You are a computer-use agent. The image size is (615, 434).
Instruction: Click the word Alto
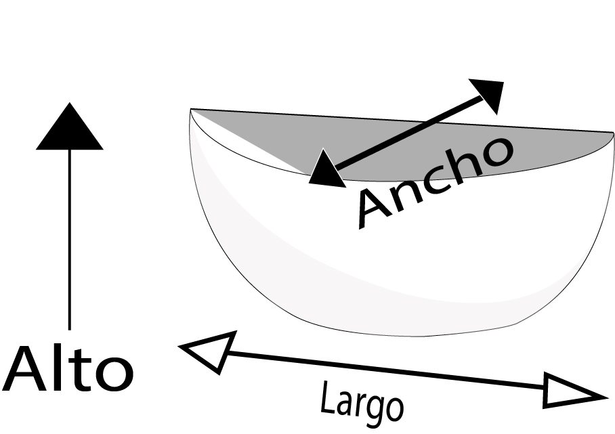coord(68,370)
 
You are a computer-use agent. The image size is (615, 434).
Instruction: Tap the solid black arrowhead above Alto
coord(69,128)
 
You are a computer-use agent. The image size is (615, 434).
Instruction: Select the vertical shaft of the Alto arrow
coord(69,237)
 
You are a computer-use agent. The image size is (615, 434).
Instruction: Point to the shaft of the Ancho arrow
coord(406,131)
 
